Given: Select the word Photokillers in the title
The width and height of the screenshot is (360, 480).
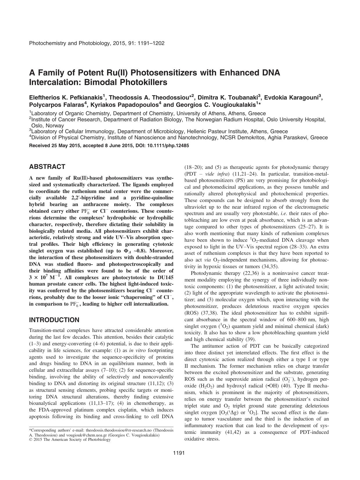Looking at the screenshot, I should click(140, 82).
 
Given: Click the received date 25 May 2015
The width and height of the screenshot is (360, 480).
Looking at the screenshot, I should click(63, 146).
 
